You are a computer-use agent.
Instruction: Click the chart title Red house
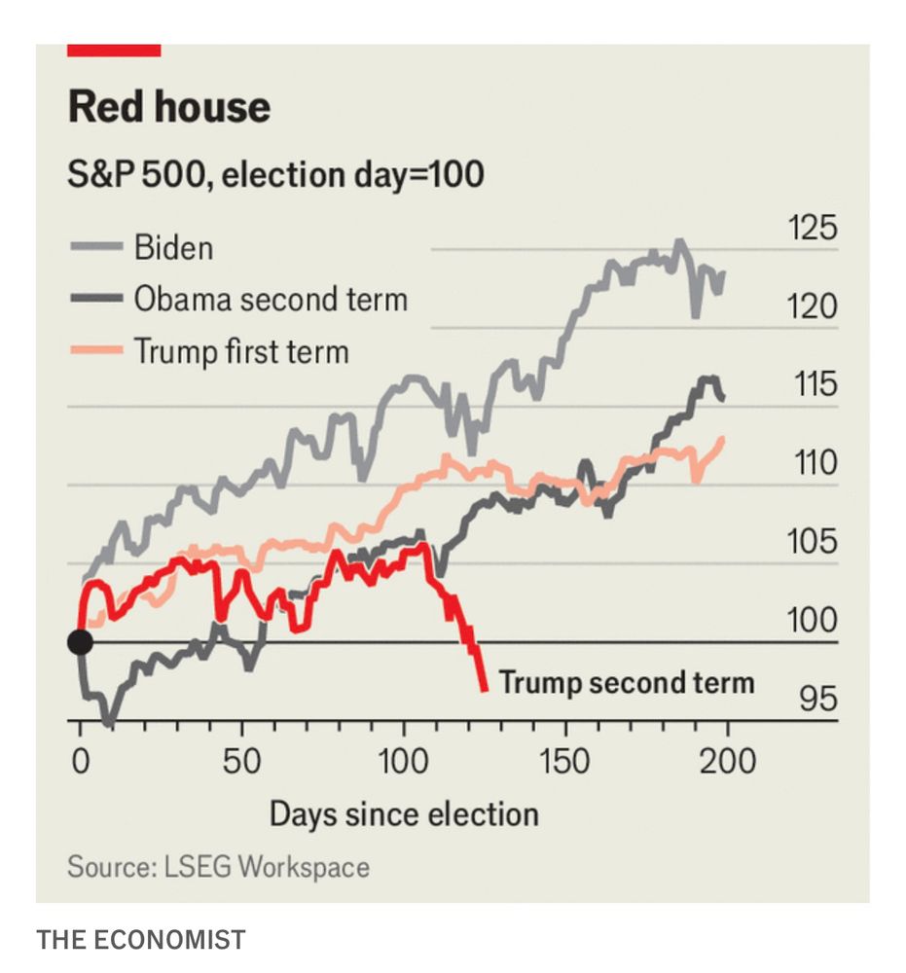coord(168,107)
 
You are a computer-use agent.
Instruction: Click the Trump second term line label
coord(626,682)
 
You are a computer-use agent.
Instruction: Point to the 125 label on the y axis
coord(811,230)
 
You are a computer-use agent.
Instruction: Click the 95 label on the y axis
coord(817,699)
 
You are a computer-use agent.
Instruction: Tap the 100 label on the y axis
coord(811,620)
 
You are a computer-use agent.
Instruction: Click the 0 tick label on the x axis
coord(80,761)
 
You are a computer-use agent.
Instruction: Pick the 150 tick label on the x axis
coord(565,761)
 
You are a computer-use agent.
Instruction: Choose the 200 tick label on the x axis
coord(727,761)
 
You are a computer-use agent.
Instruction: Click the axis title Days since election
coord(403,813)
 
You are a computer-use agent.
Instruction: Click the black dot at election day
coord(80,642)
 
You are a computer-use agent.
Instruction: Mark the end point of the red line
coord(484,690)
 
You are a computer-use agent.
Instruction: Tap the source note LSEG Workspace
coord(218,867)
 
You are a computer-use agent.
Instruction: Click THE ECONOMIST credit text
coord(141,940)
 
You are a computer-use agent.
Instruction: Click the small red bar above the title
coord(114,50)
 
